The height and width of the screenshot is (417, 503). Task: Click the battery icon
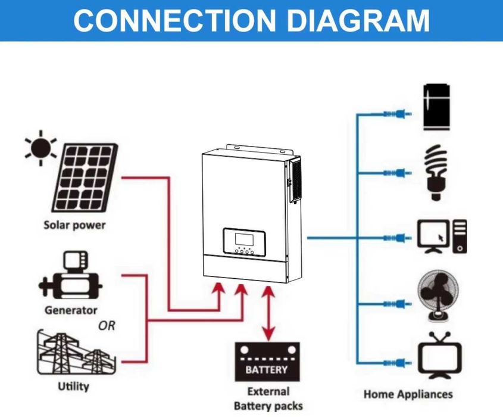(266, 362)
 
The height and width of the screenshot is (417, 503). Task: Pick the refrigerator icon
(437, 107)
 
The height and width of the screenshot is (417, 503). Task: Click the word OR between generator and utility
(107, 326)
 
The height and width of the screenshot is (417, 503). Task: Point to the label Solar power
(74, 225)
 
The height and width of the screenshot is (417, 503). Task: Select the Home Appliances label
(408, 394)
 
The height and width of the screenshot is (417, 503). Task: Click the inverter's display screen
(243, 240)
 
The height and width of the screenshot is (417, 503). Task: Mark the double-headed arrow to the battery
(269, 313)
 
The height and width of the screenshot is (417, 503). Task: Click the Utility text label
(73, 386)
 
